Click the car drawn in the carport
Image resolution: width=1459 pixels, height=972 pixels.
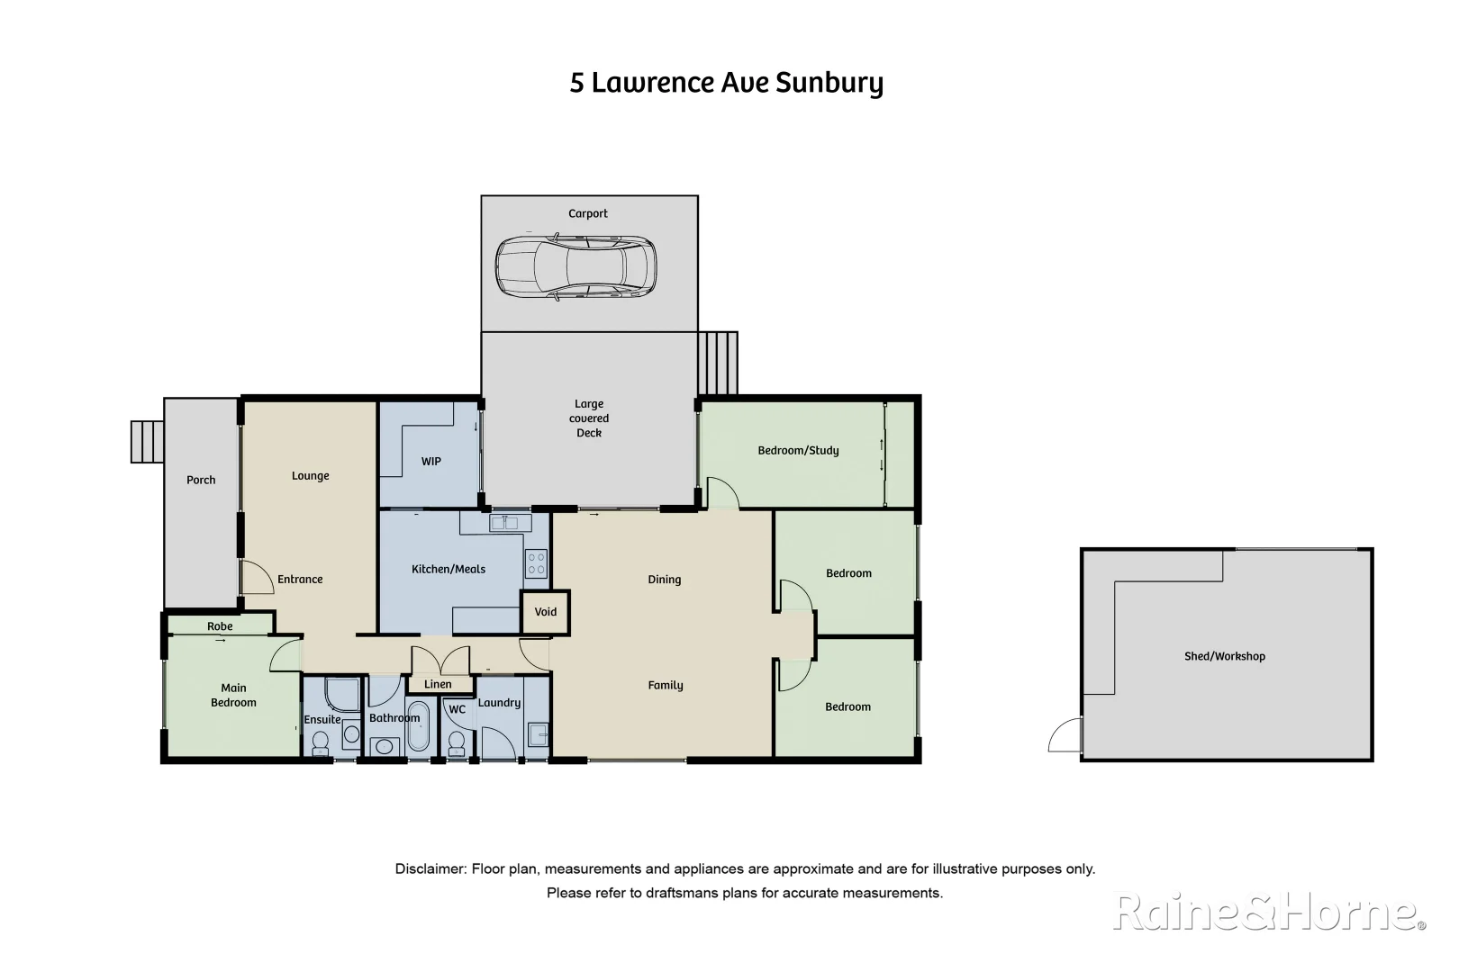[576, 267]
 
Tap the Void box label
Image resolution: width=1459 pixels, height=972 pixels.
[546, 612]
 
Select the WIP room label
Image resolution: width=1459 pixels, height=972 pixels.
[431, 462]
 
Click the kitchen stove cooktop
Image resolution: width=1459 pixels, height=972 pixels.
[537, 564]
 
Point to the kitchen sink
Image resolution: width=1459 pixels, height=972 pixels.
[504, 522]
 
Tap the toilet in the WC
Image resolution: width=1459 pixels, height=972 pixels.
[457, 742]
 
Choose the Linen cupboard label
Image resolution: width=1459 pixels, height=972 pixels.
[438, 685]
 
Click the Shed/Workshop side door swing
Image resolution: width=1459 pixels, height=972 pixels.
[1065, 735]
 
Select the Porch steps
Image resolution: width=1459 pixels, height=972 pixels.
[147, 442]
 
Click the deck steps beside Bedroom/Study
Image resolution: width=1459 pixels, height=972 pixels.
[718, 363]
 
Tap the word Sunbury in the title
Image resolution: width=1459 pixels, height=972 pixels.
[829, 83]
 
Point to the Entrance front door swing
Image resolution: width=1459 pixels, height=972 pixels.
[257, 578]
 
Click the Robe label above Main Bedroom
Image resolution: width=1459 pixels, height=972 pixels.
[220, 626]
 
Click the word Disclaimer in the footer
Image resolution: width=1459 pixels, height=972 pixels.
[430, 869]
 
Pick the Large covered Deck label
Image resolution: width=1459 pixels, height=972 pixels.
[589, 418]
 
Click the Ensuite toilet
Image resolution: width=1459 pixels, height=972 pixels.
[320, 743]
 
